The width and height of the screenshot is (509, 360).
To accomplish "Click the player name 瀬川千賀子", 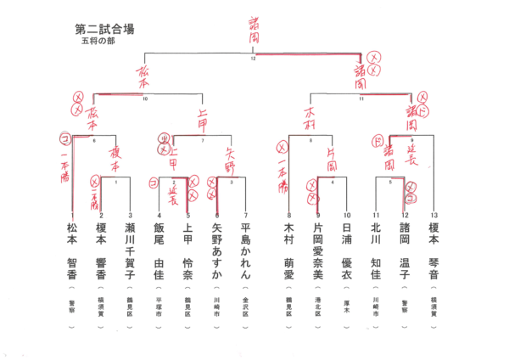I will (x=129, y=251).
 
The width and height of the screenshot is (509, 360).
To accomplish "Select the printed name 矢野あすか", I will (x=216, y=251).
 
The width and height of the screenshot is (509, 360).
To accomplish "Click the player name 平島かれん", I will (x=245, y=251).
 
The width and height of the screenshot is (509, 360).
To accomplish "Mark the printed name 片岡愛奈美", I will (x=318, y=251).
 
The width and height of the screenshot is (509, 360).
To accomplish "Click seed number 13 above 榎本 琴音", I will (x=433, y=216).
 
